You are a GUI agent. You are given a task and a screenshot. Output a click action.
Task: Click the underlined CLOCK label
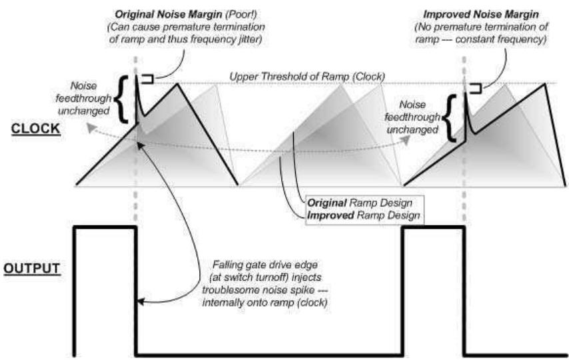point(35,129)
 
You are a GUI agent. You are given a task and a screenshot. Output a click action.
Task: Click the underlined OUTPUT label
point(32,269)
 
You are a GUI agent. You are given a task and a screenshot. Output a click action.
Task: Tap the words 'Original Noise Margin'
point(169,15)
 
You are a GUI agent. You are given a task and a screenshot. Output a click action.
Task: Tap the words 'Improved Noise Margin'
point(481,15)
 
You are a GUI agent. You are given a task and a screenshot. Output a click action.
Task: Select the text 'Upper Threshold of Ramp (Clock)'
point(307,77)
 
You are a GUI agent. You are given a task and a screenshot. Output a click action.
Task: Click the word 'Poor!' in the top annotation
point(242,15)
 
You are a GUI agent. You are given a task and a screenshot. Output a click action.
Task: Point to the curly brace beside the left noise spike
point(122,99)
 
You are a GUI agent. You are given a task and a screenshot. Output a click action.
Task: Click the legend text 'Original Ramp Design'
point(360,203)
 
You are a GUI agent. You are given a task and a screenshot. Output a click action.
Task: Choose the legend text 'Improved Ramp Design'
point(363,215)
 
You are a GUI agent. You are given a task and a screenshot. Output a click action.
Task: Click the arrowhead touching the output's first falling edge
point(141,301)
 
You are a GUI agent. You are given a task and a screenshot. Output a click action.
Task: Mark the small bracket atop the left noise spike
point(147,79)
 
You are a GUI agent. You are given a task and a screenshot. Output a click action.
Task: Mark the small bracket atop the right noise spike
point(475,88)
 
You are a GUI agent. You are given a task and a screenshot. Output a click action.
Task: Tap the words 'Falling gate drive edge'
point(265,265)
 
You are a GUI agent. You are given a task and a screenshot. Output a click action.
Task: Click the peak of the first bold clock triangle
point(177,84)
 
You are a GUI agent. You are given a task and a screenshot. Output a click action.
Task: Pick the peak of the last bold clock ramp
point(545,84)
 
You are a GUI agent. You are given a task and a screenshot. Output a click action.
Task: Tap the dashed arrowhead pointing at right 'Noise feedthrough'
point(406,141)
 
